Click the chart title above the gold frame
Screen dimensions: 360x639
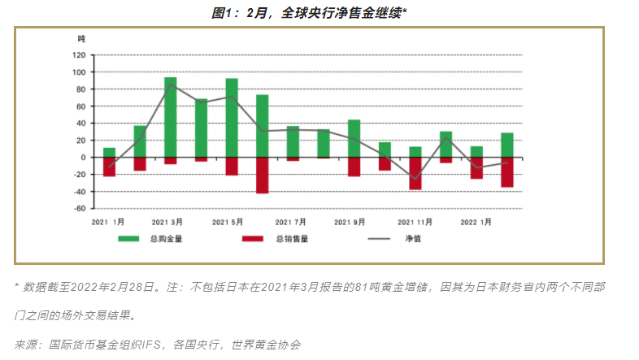pos(320,12)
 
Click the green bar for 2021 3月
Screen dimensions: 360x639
pos(171,117)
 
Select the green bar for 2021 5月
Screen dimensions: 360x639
pos(232,118)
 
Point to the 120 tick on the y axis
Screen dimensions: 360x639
pos(79,55)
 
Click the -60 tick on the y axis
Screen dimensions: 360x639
pos(79,208)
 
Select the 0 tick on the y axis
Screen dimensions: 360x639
pos(82,157)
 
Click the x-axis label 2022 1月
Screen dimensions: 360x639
pos(476,221)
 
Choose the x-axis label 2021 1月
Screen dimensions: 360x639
pos(107,221)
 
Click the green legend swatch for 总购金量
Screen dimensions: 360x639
pos(129,240)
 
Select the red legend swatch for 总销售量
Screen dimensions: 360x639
pos(254,240)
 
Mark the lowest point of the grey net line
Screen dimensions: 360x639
pos(415,179)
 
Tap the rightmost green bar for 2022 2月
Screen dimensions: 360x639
pos(507,145)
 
